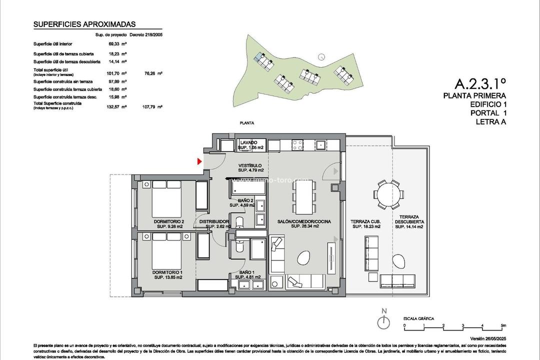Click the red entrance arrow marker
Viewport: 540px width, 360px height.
coord(199,161)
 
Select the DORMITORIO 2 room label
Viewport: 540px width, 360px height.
coord(169,224)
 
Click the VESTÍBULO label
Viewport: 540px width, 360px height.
coord(249,168)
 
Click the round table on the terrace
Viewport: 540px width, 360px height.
coord(388,194)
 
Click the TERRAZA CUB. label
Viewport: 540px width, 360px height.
coord(366,223)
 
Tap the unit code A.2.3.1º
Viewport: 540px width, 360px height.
coord(480,83)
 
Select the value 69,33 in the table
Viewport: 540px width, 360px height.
coord(116,44)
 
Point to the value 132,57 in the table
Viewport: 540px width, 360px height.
coord(116,106)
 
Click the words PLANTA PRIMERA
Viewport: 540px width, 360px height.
coord(474,95)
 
